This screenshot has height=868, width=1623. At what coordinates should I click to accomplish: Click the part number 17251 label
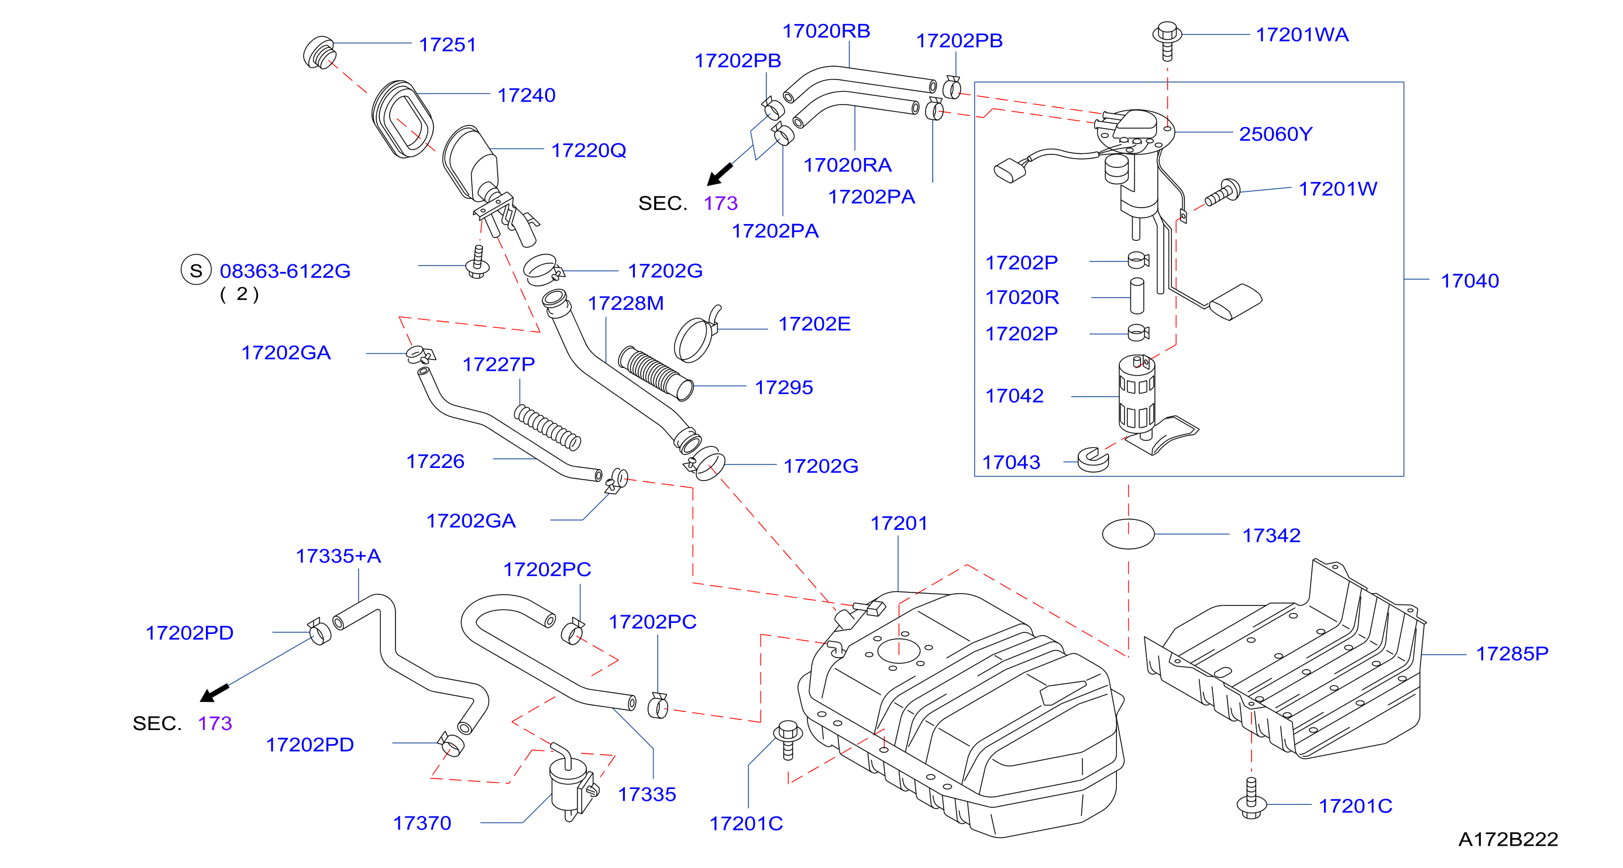click(x=448, y=44)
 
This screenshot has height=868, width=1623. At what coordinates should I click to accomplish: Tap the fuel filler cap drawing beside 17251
click(x=319, y=52)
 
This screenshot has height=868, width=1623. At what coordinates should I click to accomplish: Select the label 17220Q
click(x=589, y=150)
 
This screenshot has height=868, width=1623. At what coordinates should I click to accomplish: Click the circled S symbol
click(x=196, y=270)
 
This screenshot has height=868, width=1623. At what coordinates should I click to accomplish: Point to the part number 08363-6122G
click(x=285, y=271)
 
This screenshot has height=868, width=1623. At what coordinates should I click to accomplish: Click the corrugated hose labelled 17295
click(x=656, y=373)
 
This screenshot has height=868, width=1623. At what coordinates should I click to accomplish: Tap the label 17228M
click(x=625, y=303)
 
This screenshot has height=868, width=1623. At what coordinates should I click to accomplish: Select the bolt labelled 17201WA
click(x=1167, y=40)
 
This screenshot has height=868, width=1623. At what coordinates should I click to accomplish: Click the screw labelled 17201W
click(x=1223, y=193)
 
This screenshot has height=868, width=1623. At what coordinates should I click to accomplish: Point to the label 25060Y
click(x=1275, y=133)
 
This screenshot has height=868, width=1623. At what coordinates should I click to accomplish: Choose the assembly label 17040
click(x=1469, y=280)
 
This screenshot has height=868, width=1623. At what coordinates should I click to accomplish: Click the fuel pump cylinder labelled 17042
click(x=1137, y=394)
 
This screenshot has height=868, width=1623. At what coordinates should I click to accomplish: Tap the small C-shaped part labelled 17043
click(x=1092, y=460)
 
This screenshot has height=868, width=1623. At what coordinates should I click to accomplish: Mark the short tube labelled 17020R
click(x=1137, y=295)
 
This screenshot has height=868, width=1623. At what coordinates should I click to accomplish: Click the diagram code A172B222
click(x=1508, y=839)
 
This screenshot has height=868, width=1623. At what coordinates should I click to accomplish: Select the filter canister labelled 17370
click(x=572, y=781)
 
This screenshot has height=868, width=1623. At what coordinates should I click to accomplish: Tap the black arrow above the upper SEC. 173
click(x=720, y=174)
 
